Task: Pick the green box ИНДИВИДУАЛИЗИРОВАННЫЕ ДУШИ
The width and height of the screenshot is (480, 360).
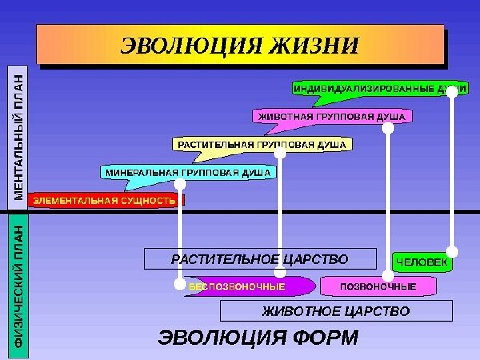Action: [x=368, y=87]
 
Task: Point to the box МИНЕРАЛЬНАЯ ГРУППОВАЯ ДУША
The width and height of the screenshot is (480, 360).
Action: [x=188, y=172]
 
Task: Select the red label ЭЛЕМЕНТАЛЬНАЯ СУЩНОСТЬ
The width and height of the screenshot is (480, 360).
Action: [x=104, y=200]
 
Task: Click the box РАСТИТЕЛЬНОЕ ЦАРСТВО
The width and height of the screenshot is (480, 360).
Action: [x=260, y=259]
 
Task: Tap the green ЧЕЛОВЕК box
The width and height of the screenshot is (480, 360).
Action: [x=422, y=262]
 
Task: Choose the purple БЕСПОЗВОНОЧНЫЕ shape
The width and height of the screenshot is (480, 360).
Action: [x=248, y=286]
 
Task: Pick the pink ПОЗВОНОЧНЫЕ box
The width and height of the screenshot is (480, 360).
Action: [x=378, y=286]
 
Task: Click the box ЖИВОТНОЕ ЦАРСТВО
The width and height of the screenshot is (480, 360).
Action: [x=336, y=310]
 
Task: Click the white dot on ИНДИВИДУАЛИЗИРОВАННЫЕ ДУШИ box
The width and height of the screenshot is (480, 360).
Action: [x=452, y=91]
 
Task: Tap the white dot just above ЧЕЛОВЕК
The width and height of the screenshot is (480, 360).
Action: [x=452, y=251]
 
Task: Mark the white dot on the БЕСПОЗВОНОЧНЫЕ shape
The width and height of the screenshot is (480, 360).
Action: [x=180, y=283]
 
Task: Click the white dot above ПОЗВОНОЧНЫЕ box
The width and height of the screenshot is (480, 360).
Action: [x=389, y=274]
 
